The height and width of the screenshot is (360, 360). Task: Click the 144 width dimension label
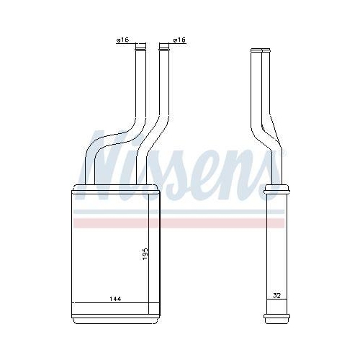(115, 299)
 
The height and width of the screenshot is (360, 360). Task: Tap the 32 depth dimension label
(276, 295)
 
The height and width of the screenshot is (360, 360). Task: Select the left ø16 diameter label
(122, 40)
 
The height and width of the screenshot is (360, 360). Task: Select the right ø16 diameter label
(179, 40)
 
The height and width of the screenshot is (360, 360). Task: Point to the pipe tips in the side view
(261, 50)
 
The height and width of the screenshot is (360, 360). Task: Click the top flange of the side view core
(276, 189)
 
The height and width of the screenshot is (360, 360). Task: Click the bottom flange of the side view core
(276, 316)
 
